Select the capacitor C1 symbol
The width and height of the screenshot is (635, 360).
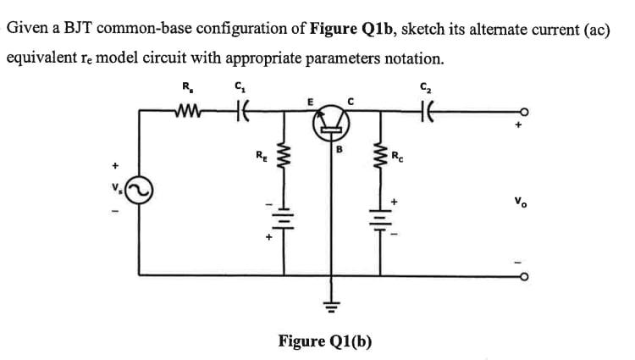[240, 108]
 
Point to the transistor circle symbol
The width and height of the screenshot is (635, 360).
[331, 125]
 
